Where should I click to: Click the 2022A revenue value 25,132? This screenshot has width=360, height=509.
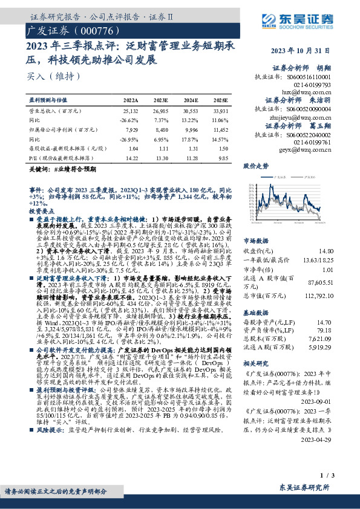tap(130, 111)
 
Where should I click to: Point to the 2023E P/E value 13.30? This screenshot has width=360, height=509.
tap(162, 158)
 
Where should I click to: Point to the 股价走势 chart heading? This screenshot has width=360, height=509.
tap(255, 165)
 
